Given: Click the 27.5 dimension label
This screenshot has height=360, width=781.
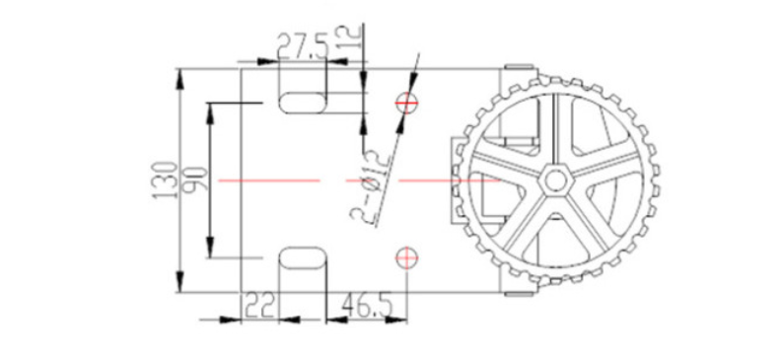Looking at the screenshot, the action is click(x=304, y=46).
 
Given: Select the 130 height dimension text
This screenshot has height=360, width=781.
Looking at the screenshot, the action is click(x=166, y=180).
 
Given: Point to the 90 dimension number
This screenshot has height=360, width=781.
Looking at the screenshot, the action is click(x=195, y=180).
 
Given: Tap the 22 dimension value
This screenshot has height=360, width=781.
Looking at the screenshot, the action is click(x=260, y=307).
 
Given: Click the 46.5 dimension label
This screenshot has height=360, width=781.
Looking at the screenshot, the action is click(x=367, y=307).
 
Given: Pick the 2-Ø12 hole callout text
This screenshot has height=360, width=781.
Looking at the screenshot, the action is click(x=370, y=186).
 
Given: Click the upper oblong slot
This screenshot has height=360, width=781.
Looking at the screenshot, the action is click(x=303, y=104).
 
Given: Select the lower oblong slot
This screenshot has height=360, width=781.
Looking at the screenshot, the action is click(x=303, y=258).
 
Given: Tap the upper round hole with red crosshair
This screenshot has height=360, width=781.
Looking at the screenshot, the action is click(x=407, y=104).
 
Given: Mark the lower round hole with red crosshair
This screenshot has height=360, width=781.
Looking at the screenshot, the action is click(x=407, y=257).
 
